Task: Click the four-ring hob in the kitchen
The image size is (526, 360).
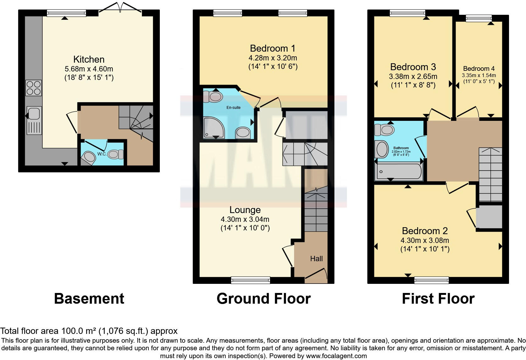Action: click(x=34, y=88)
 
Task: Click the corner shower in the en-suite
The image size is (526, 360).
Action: click(x=214, y=128)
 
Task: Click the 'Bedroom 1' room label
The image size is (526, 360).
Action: click(x=273, y=48)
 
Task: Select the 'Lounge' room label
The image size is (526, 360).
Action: click(x=245, y=210)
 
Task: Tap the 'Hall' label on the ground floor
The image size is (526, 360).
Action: click(x=316, y=259)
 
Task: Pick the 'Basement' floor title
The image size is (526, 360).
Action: click(x=89, y=298)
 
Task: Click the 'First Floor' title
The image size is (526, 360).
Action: click(x=438, y=298)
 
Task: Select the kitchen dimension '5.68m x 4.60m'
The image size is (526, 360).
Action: click(x=89, y=69)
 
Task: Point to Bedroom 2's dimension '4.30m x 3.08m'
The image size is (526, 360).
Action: click(x=424, y=240)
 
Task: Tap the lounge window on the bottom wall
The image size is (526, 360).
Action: click(x=250, y=280)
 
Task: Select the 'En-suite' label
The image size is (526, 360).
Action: click(x=233, y=108)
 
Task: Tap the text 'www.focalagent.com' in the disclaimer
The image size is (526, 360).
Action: click(x=336, y=356)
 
